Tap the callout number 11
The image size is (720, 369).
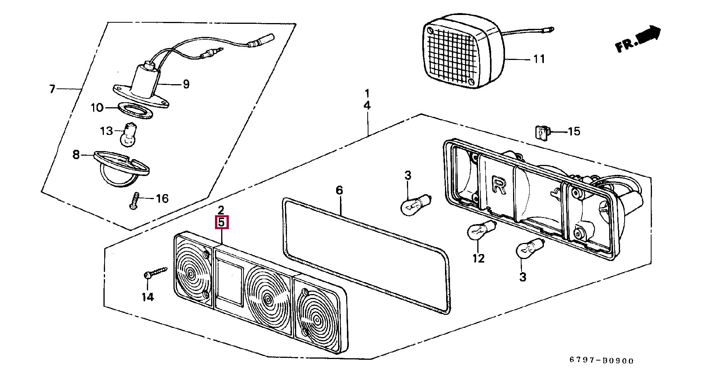pos(539,59)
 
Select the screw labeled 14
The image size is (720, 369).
pos(155,273)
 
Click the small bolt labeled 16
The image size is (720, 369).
pos(134,201)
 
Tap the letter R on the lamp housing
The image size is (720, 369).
pos(499,185)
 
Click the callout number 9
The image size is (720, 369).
pos(186,84)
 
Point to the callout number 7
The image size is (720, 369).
pos(52,89)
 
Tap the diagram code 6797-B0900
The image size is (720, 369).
pos(601,361)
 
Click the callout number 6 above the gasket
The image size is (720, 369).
pos(339,190)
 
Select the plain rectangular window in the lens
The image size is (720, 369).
pos(230,283)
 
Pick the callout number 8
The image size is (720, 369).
pos(76,155)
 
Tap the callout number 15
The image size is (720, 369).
pos(574,131)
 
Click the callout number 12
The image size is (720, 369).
pos(478,258)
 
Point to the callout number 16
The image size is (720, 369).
pos(162,198)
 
